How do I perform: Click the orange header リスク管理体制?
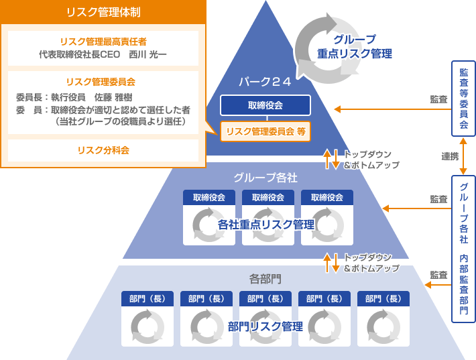pyautogui.click(x=103, y=12)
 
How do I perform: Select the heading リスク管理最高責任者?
pyautogui.click(x=103, y=41)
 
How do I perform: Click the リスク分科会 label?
pyautogui.click(x=103, y=149)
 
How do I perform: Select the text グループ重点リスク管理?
pyautogui.click(x=355, y=46)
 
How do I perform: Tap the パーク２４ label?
pyautogui.click(x=265, y=82)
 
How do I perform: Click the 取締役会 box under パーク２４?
pyautogui.click(x=265, y=105)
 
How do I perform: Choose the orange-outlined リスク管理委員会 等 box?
pyautogui.click(x=265, y=131)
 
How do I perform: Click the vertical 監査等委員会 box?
pyautogui.click(x=464, y=99)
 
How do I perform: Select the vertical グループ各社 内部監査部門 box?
pyautogui.click(x=464, y=248)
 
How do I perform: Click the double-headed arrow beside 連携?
pyautogui.click(x=463, y=156)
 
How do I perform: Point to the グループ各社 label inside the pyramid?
pyautogui.click(x=265, y=178)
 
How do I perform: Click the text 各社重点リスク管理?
pyautogui.click(x=266, y=224)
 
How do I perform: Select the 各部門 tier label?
pyautogui.click(x=265, y=278)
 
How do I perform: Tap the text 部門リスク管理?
pyautogui.click(x=265, y=326)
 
